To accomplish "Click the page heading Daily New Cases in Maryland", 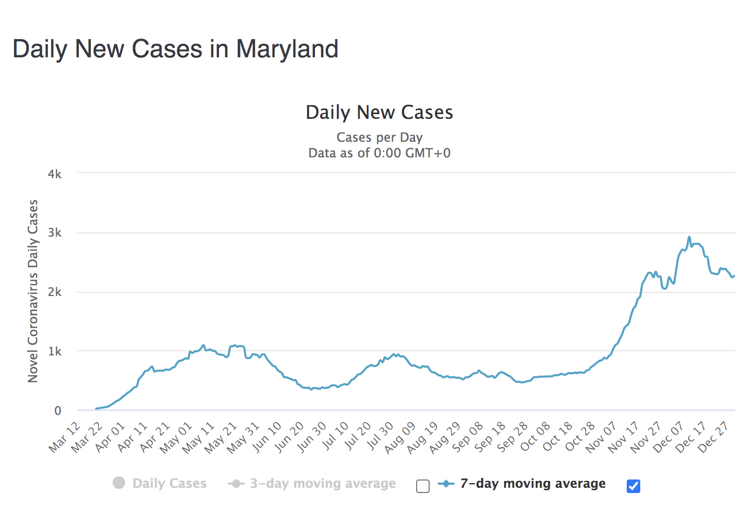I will click(175, 49).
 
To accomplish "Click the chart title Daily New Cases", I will click(379, 113).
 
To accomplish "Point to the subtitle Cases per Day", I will click(379, 138).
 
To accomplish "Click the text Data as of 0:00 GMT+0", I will click(379, 153).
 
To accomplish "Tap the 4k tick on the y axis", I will click(55, 174).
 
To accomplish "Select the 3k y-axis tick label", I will click(55, 233).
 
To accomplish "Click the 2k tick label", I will click(55, 292).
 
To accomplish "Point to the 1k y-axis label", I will click(55, 352).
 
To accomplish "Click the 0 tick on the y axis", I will click(58, 411).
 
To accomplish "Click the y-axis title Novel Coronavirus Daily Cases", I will click(33, 291).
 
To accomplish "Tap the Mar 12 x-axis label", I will click(65, 437).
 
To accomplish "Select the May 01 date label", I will click(176, 437).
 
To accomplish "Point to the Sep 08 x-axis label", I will click(468, 437).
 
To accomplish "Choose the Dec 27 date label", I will click(713, 437).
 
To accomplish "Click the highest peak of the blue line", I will click(689, 237).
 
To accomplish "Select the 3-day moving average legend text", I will click(323, 484).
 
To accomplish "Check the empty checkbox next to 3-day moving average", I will click(423, 486).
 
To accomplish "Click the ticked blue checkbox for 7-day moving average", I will click(633, 486).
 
